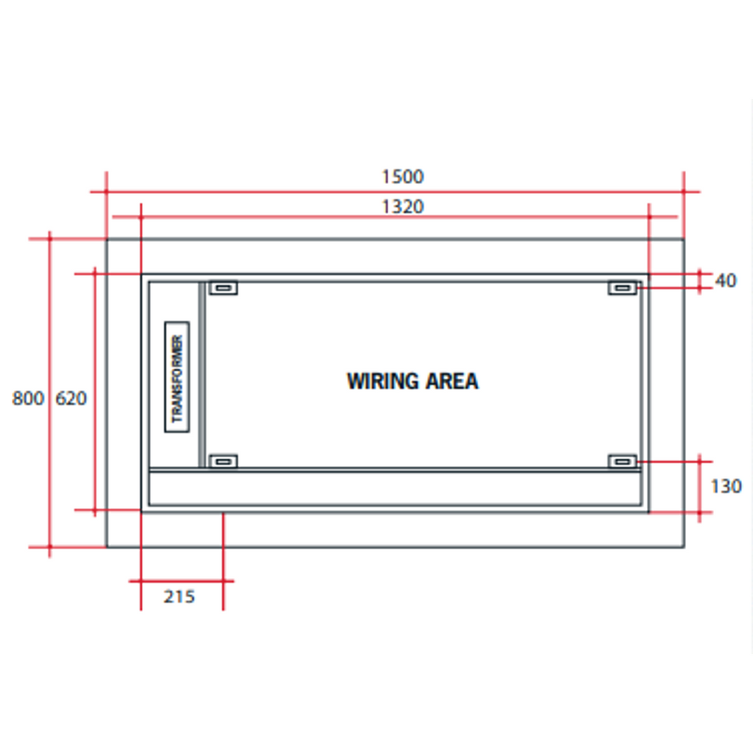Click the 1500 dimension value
402,176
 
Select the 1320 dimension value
402,207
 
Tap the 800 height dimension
28,398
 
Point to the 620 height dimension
71,398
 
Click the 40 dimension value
726,280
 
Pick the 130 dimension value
726,487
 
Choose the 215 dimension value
179,596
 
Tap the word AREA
452,382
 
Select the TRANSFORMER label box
176,377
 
